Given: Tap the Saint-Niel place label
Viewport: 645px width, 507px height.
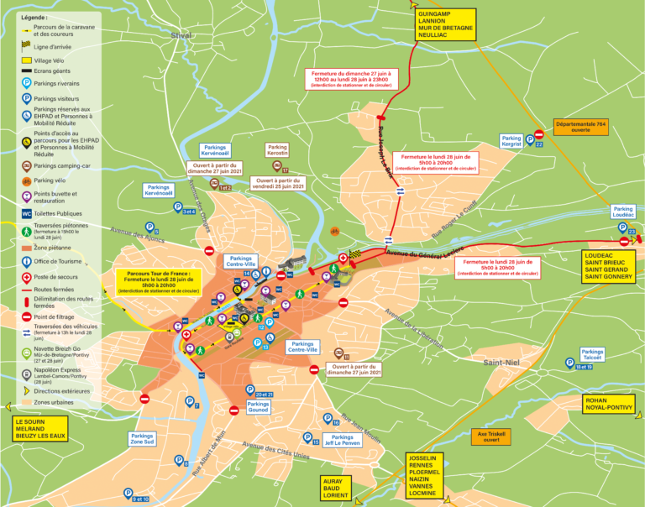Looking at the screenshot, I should click(503, 362).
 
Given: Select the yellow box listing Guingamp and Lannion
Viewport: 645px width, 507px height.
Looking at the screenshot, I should click(445, 24).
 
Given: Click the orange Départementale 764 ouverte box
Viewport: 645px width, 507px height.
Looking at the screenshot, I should click(580, 127).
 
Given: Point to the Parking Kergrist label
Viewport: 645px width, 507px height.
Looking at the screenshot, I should click(511, 141).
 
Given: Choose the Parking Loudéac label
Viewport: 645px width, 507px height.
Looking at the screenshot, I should click(622, 212).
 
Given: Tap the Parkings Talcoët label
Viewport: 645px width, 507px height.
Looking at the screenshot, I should click(592, 354).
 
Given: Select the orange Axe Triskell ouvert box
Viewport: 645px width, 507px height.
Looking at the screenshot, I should click(491, 436).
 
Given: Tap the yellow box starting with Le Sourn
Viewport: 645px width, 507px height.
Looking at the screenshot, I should click(39, 428).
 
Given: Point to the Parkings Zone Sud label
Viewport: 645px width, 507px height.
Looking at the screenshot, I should click(142, 438).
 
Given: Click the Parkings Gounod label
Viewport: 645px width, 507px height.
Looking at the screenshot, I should click(258, 407).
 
